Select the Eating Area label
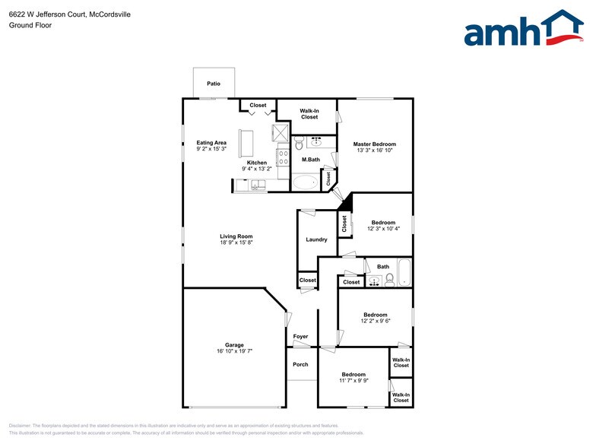(x=211, y=143)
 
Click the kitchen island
(x=246, y=142)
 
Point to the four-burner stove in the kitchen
(x=283, y=158)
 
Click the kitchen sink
(x=255, y=184)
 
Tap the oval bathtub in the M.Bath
(x=306, y=182)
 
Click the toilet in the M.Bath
(x=299, y=144)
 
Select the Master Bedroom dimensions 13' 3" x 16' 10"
(x=374, y=151)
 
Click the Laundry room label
(x=316, y=239)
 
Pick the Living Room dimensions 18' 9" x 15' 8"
(x=236, y=243)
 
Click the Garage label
(x=234, y=344)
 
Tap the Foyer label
(x=300, y=336)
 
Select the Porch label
(x=300, y=364)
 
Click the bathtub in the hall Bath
(x=403, y=273)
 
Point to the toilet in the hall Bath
(x=389, y=279)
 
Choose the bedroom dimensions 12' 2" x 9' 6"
(x=375, y=321)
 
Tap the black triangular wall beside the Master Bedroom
(x=346, y=202)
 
